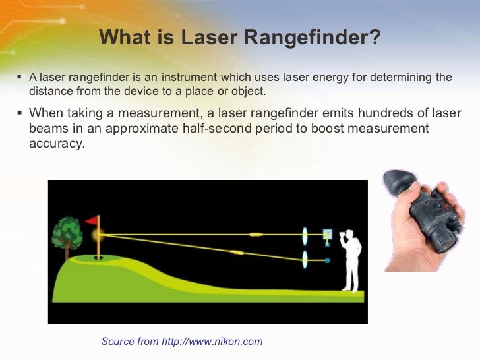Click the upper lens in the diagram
click(305, 235)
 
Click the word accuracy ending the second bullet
click(57, 142)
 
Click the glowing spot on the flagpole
click(98, 234)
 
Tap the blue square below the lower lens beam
click(328, 262)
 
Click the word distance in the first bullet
click(51, 91)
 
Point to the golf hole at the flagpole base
click(98, 258)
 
